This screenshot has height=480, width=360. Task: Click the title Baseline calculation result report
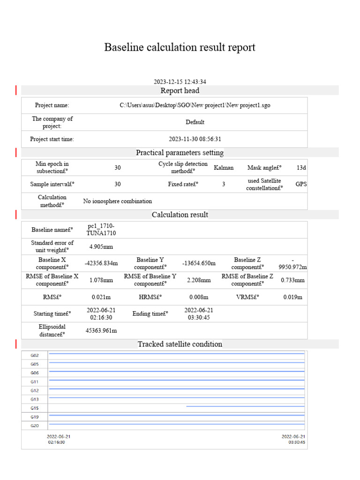[180, 47]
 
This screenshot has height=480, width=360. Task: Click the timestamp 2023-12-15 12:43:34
[180, 82]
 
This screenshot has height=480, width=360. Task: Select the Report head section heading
[180, 90]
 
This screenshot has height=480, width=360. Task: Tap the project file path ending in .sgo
[195, 105]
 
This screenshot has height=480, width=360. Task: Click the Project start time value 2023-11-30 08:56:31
[195, 139]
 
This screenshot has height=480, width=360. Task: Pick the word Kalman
[224, 168]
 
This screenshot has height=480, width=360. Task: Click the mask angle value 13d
[301, 168]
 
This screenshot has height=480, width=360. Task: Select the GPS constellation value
[301, 184]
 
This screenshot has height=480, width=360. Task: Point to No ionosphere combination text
[118, 201]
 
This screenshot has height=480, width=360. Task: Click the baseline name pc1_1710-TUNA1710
[101, 230]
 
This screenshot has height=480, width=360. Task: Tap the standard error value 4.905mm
[101, 247]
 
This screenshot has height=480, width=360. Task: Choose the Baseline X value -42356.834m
[101, 263]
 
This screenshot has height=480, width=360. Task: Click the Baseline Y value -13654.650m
[199, 263]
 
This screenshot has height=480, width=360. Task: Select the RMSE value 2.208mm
[199, 280]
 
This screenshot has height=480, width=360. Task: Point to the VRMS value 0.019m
[293, 297]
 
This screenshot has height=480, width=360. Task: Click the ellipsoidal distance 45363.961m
[101, 331]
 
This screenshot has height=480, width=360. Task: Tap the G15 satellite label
[35, 408]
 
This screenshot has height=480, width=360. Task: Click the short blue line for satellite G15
[245, 406]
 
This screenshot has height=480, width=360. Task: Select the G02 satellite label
[35, 355]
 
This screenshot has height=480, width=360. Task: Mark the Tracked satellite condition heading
[180, 344]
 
